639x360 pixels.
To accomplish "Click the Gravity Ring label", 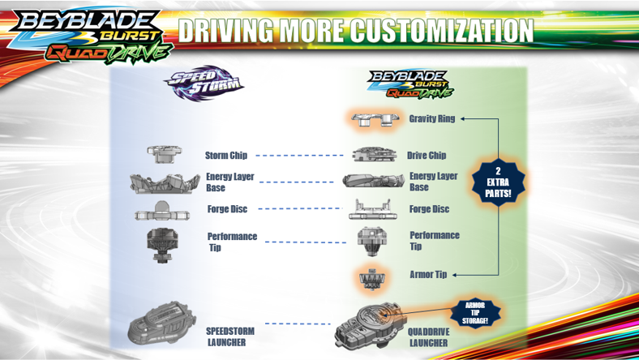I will [431, 118].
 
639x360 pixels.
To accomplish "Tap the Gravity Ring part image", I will [375, 119].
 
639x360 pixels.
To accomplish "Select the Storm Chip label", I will [226, 155].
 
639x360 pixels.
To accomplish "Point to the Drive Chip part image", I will [375, 154].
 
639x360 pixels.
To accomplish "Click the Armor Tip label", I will [428, 275].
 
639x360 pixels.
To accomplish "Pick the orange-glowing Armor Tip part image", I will [374, 277].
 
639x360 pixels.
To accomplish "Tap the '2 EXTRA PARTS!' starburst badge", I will [498, 182].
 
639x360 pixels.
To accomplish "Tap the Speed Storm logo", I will [204, 84].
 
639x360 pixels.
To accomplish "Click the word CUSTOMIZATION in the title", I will [440, 31].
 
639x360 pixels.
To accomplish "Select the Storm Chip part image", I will [165, 154].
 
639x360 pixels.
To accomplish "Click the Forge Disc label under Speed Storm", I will [227, 209].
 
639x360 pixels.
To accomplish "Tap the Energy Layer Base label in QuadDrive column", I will [433, 182].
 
